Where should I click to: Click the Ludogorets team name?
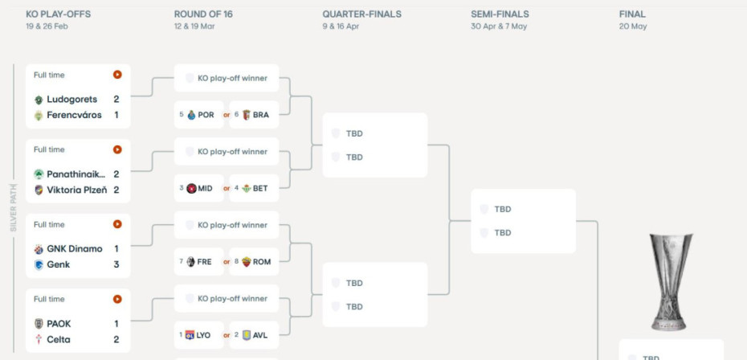[x=71, y=100]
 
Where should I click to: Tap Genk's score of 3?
[x=116, y=264]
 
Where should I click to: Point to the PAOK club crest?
[x=39, y=324]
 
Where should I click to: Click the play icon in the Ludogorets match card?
[x=117, y=75]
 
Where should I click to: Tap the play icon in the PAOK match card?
[x=117, y=299]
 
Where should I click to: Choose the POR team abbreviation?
[x=206, y=115]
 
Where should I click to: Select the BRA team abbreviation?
[x=260, y=115]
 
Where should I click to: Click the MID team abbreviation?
[x=205, y=189]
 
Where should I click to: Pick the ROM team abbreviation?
[x=261, y=262]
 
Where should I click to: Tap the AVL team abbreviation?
[x=261, y=335]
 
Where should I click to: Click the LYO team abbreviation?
[x=203, y=335]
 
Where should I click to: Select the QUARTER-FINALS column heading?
[x=361, y=14]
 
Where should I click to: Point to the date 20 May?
[x=633, y=27]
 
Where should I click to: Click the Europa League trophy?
[x=671, y=280]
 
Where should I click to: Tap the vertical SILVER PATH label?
[x=14, y=207]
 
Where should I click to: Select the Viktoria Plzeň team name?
[x=76, y=190]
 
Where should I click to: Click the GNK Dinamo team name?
[x=75, y=249]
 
